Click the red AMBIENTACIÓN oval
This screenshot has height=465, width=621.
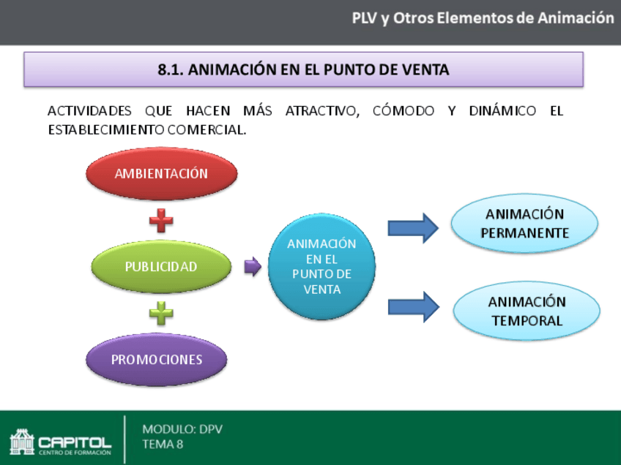point(162,174)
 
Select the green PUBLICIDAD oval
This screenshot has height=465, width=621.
point(161,267)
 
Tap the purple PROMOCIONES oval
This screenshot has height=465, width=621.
point(157,360)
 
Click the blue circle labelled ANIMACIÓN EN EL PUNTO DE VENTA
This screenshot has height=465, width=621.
point(321,266)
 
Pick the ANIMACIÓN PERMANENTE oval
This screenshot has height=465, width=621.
point(524,224)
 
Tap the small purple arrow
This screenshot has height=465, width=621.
point(252,267)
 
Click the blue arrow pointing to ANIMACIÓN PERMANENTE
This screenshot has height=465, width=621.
point(412,228)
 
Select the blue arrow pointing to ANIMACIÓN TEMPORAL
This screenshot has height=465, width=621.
point(412,306)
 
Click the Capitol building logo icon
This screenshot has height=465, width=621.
point(22,442)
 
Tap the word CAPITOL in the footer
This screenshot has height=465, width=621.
point(75,442)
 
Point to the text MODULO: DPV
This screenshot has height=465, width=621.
point(182,429)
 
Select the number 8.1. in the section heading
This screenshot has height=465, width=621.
point(171,70)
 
